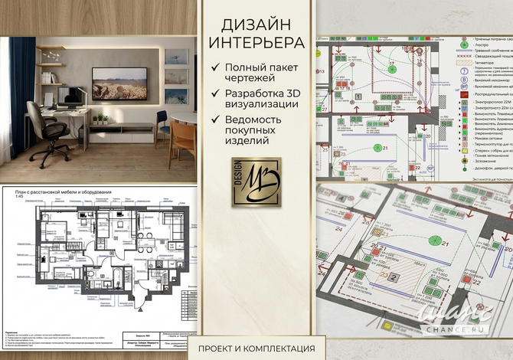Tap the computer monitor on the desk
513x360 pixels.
coord(64,96)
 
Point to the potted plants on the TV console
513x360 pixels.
coord(99,119)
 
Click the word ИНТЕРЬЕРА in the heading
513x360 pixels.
coord(256,41)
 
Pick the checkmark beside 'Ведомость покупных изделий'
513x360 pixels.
coord(217,120)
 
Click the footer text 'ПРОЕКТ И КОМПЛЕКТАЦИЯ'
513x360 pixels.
coord(256,348)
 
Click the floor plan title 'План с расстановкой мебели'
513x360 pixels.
coord(57,191)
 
